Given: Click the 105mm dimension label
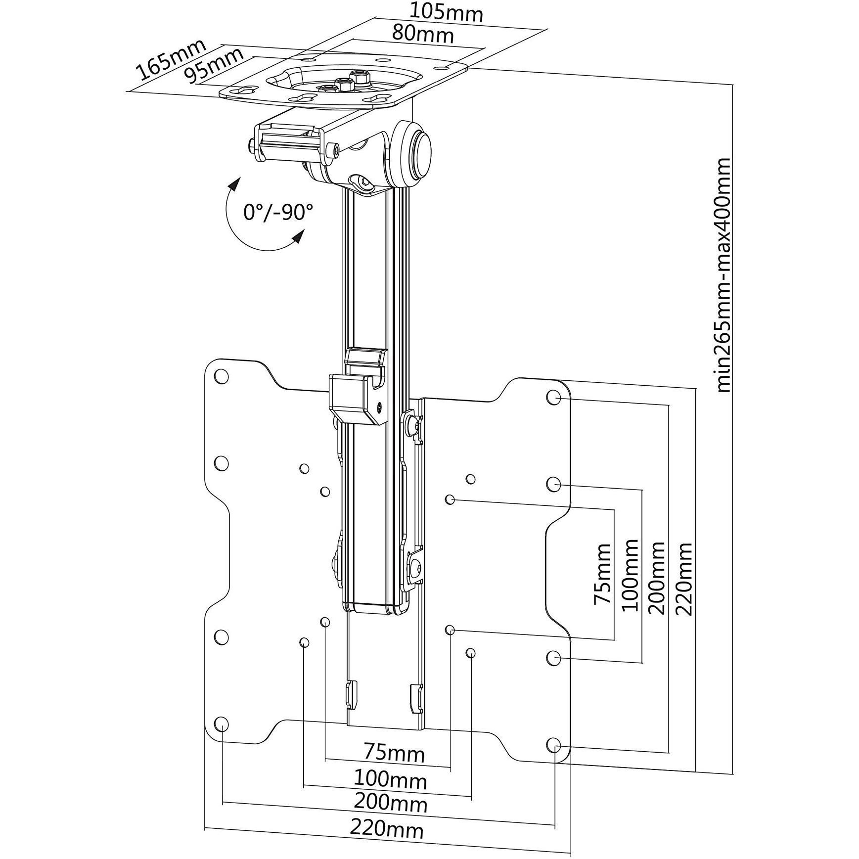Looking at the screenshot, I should click(447, 13).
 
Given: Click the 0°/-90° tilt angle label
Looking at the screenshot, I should click(278, 212).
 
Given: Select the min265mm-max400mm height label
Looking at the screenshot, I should click(723, 275).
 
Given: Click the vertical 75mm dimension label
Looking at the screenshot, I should click(602, 574).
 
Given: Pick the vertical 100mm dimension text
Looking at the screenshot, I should click(630, 575).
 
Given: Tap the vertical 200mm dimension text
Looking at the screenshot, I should click(657, 577).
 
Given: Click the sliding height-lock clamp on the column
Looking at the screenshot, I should click(358, 396).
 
